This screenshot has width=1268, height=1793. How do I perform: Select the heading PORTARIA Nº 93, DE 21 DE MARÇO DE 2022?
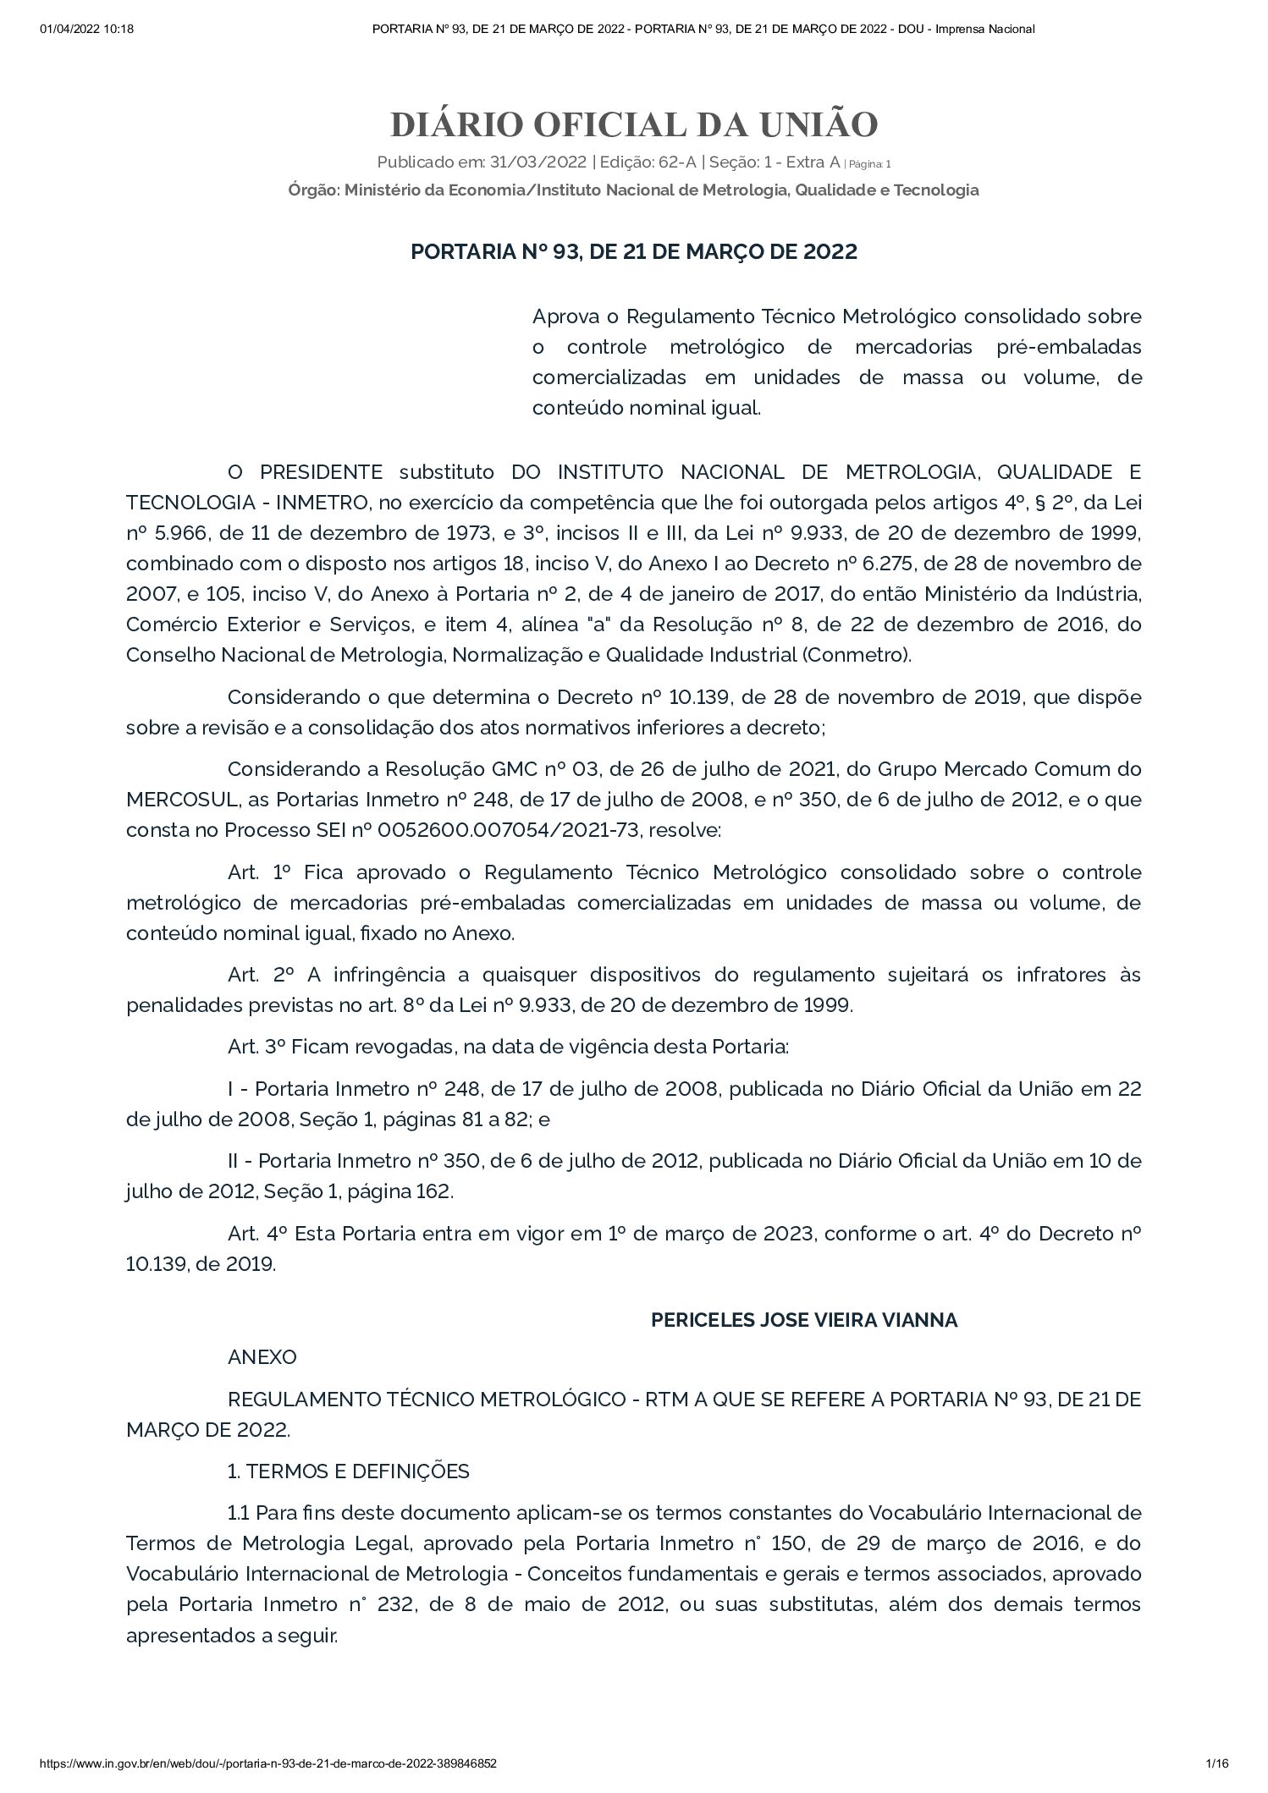[634, 252]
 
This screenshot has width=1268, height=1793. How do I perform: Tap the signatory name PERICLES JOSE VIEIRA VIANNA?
[804, 1320]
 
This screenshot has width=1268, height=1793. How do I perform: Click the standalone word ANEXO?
[262, 1357]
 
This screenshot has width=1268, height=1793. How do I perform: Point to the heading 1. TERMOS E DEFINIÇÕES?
[349, 1471]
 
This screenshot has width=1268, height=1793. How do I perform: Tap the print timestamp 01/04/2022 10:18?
[87, 30]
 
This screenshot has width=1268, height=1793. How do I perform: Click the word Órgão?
[311, 190]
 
